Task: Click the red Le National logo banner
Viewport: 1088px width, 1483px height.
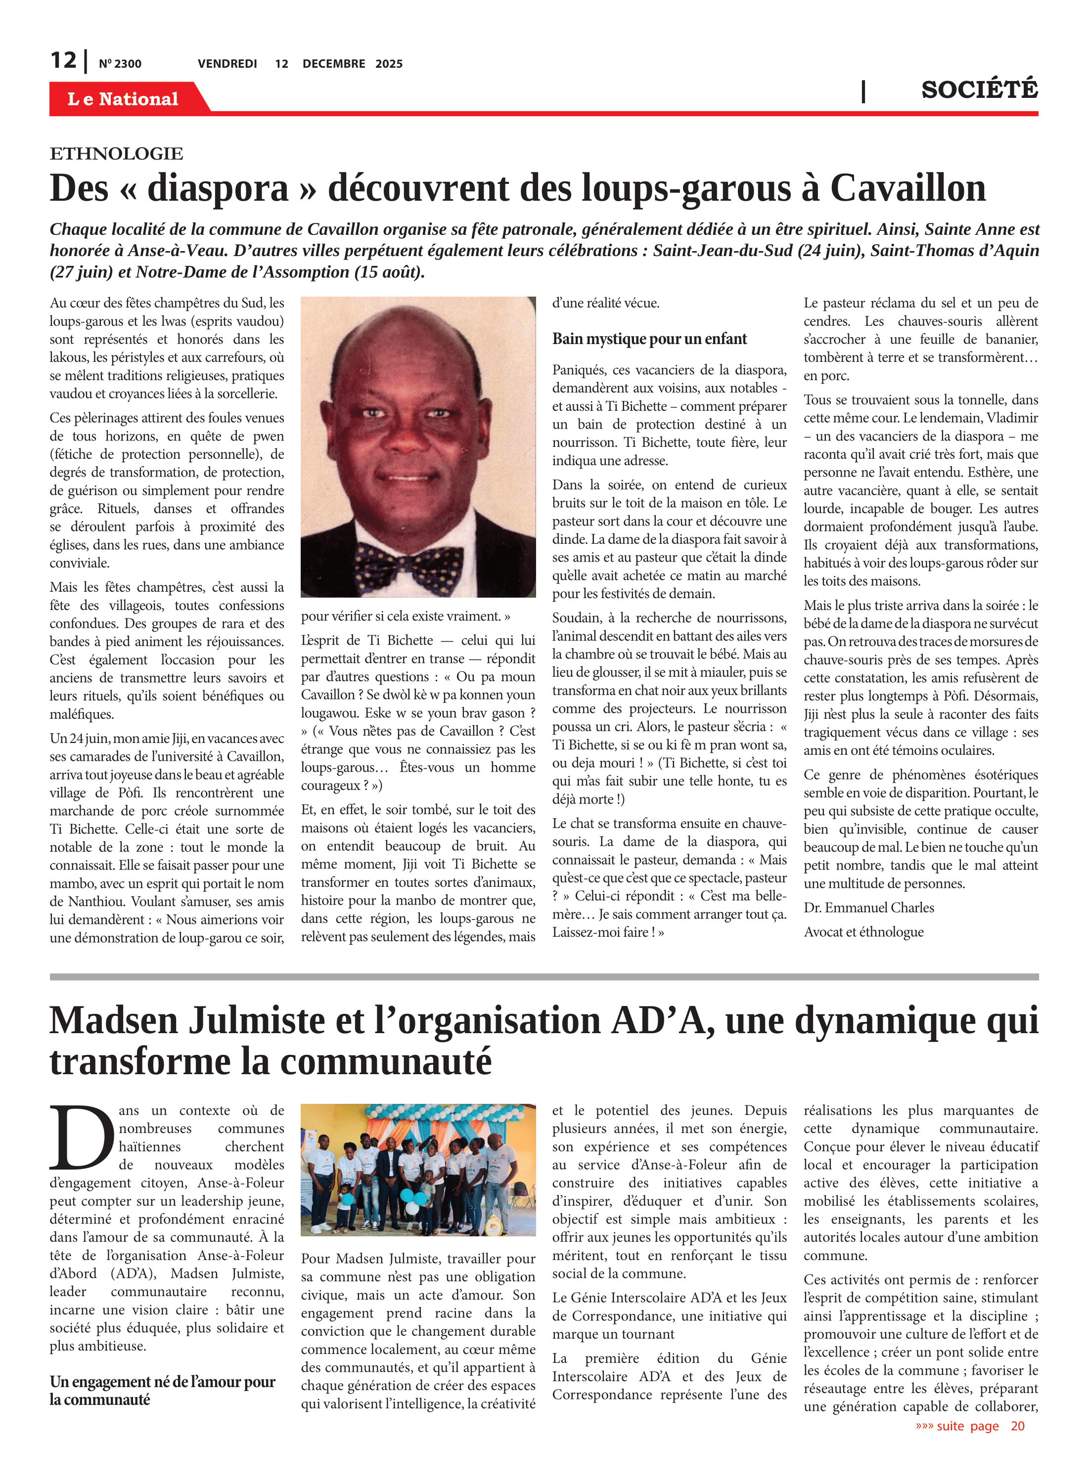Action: (x=123, y=99)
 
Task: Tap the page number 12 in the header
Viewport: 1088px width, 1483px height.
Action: (x=63, y=61)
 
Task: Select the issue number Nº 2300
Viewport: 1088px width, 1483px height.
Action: (x=120, y=64)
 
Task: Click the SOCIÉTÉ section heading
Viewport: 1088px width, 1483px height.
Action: (x=979, y=89)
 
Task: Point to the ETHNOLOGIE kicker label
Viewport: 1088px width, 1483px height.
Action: (x=117, y=154)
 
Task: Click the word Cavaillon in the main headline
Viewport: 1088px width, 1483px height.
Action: (x=907, y=188)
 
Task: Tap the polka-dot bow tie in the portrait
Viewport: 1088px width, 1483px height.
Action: (x=408, y=565)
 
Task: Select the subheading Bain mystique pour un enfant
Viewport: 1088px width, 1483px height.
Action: (x=649, y=339)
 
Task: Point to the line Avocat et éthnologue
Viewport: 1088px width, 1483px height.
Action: (x=863, y=932)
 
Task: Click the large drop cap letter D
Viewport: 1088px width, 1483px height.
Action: (x=82, y=1137)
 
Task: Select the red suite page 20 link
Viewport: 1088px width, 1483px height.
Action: (x=969, y=1426)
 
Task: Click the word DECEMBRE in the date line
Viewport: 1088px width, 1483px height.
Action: (x=333, y=64)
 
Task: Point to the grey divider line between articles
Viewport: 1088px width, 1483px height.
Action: (x=544, y=977)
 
